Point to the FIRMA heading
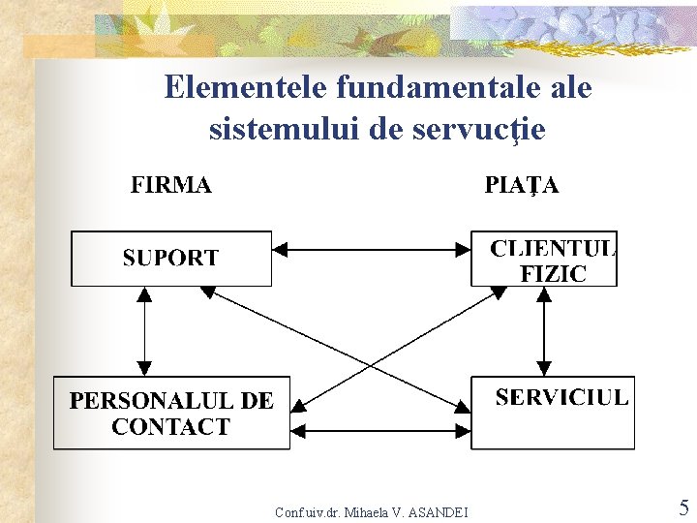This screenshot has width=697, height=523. [x=171, y=185]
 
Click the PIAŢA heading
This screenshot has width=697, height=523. [x=521, y=185]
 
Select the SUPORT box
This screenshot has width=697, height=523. [x=171, y=258]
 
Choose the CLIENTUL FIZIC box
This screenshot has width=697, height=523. [x=543, y=258]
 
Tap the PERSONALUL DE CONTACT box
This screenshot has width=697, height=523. [x=171, y=413]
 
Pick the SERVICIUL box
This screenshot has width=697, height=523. [x=553, y=413]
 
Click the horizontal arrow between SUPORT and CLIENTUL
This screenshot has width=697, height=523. [x=372, y=249]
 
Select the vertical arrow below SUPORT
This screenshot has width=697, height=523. [x=145, y=330]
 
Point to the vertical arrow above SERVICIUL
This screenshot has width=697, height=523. [x=544, y=330]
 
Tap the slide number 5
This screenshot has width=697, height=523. [x=683, y=508]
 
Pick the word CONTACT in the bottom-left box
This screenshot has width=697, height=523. [x=171, y=426]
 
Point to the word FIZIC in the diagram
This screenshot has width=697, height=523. [x=553, y=273]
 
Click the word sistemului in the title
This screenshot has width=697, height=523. [x=285, y=128]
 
